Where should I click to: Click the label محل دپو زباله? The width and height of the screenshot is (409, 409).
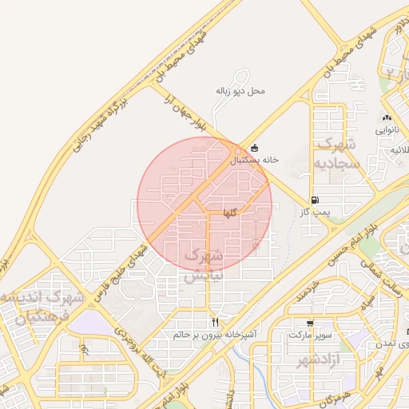coord(240,91)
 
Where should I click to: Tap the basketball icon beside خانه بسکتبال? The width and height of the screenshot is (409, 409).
coord(254,148)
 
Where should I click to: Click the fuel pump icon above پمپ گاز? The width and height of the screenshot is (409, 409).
coord(315,200)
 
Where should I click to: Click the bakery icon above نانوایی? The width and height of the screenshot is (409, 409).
coord(386,117)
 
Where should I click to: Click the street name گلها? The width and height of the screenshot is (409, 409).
coord(229,213)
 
